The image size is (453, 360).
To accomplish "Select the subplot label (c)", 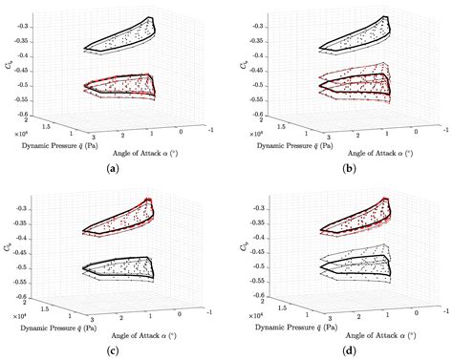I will click(x=114, y=349).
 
